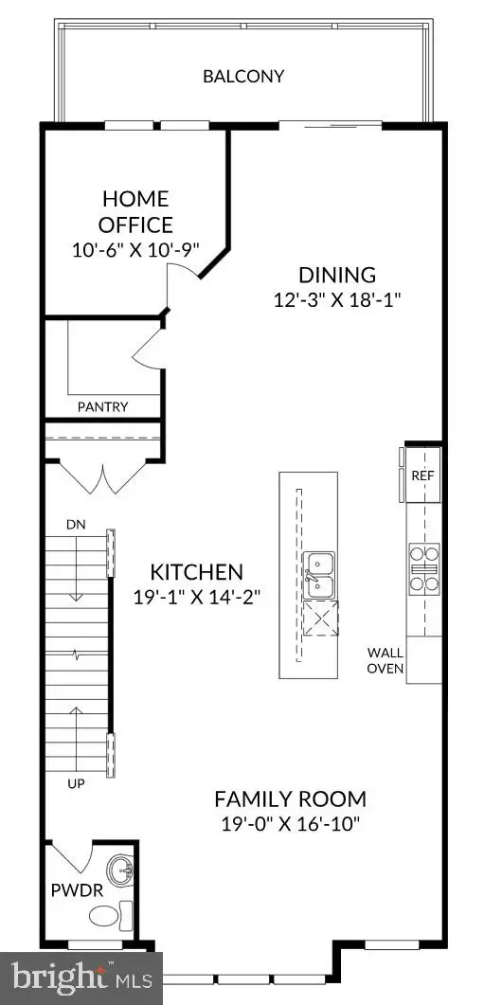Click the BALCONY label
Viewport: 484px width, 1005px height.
point(243,77)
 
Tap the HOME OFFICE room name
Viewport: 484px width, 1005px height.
point(135,211)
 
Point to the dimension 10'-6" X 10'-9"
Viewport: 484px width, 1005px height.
point(135,249)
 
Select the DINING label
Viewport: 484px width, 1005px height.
point(337,275)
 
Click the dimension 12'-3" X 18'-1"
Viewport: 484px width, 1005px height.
point(337,300)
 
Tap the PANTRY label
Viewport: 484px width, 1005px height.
point(102,406)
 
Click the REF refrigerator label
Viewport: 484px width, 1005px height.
point(423,476)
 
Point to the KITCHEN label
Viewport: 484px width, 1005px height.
point(196,571)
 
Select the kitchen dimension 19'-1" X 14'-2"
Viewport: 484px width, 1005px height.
point(196,598)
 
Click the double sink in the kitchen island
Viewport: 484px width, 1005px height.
point(318,575)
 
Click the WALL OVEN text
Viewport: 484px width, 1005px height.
point(385,661)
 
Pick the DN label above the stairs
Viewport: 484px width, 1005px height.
point(76,525)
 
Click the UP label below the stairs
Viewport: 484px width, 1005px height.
point(76,783)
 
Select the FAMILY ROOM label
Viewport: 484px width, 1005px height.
point(291,799)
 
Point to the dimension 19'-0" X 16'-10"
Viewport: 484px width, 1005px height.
point(291,824)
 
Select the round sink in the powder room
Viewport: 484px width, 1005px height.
point(120,871)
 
